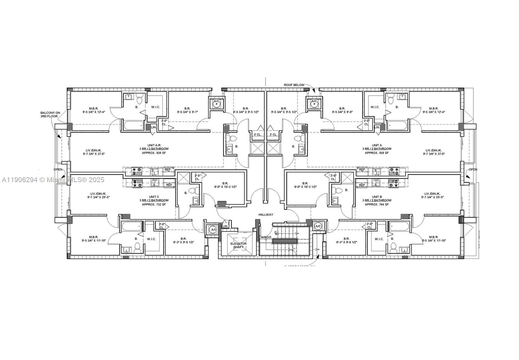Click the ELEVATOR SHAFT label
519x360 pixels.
tap(238, 245)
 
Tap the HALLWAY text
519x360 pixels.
tap(266, 215)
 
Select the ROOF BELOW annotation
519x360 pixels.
tap(294, 85)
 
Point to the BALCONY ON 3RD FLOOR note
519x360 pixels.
tap(49, 114)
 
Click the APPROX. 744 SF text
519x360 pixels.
tap(376, 205)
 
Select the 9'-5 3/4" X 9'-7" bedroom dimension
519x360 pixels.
tap(187, 112)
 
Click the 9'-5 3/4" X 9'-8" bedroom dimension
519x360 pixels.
tap(342, 112)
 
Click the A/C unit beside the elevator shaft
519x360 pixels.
tap(213, 230)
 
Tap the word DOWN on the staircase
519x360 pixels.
tap(266, 237)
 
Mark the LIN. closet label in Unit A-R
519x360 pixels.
tap(154, 127)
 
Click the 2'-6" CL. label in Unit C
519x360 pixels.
tap(197, 177)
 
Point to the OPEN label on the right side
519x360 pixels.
tap(473, 169)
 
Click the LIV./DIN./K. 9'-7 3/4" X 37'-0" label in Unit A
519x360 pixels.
tap(433, 152)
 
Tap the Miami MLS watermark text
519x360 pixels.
tap(52, 180)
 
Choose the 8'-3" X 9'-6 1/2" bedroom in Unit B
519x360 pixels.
tap(346, 240)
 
